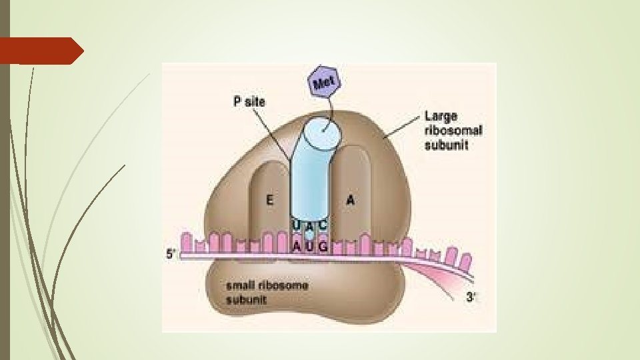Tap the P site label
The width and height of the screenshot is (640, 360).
[x=249, y=103]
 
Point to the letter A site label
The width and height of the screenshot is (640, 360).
[x=351, y=199]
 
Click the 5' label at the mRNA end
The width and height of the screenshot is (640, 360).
[x=172, y=254]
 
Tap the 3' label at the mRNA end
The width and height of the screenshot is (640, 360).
[x=470, y=297]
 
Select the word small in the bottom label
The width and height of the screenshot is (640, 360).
[x=241, y=285]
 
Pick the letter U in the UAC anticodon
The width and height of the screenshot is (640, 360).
[x=296, y=226]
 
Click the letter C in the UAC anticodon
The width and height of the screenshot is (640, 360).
[x=323, y=225]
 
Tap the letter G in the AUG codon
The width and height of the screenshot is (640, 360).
[x=323, y=246]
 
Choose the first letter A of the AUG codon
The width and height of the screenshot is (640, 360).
[x=297, y=246]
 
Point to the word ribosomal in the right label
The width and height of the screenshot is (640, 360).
[x=453, y=130]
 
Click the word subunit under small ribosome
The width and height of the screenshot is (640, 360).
[x=246, y=300]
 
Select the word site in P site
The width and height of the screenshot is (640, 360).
[x=255, y=103]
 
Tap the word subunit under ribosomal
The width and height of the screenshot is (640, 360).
[x=447, y=144]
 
